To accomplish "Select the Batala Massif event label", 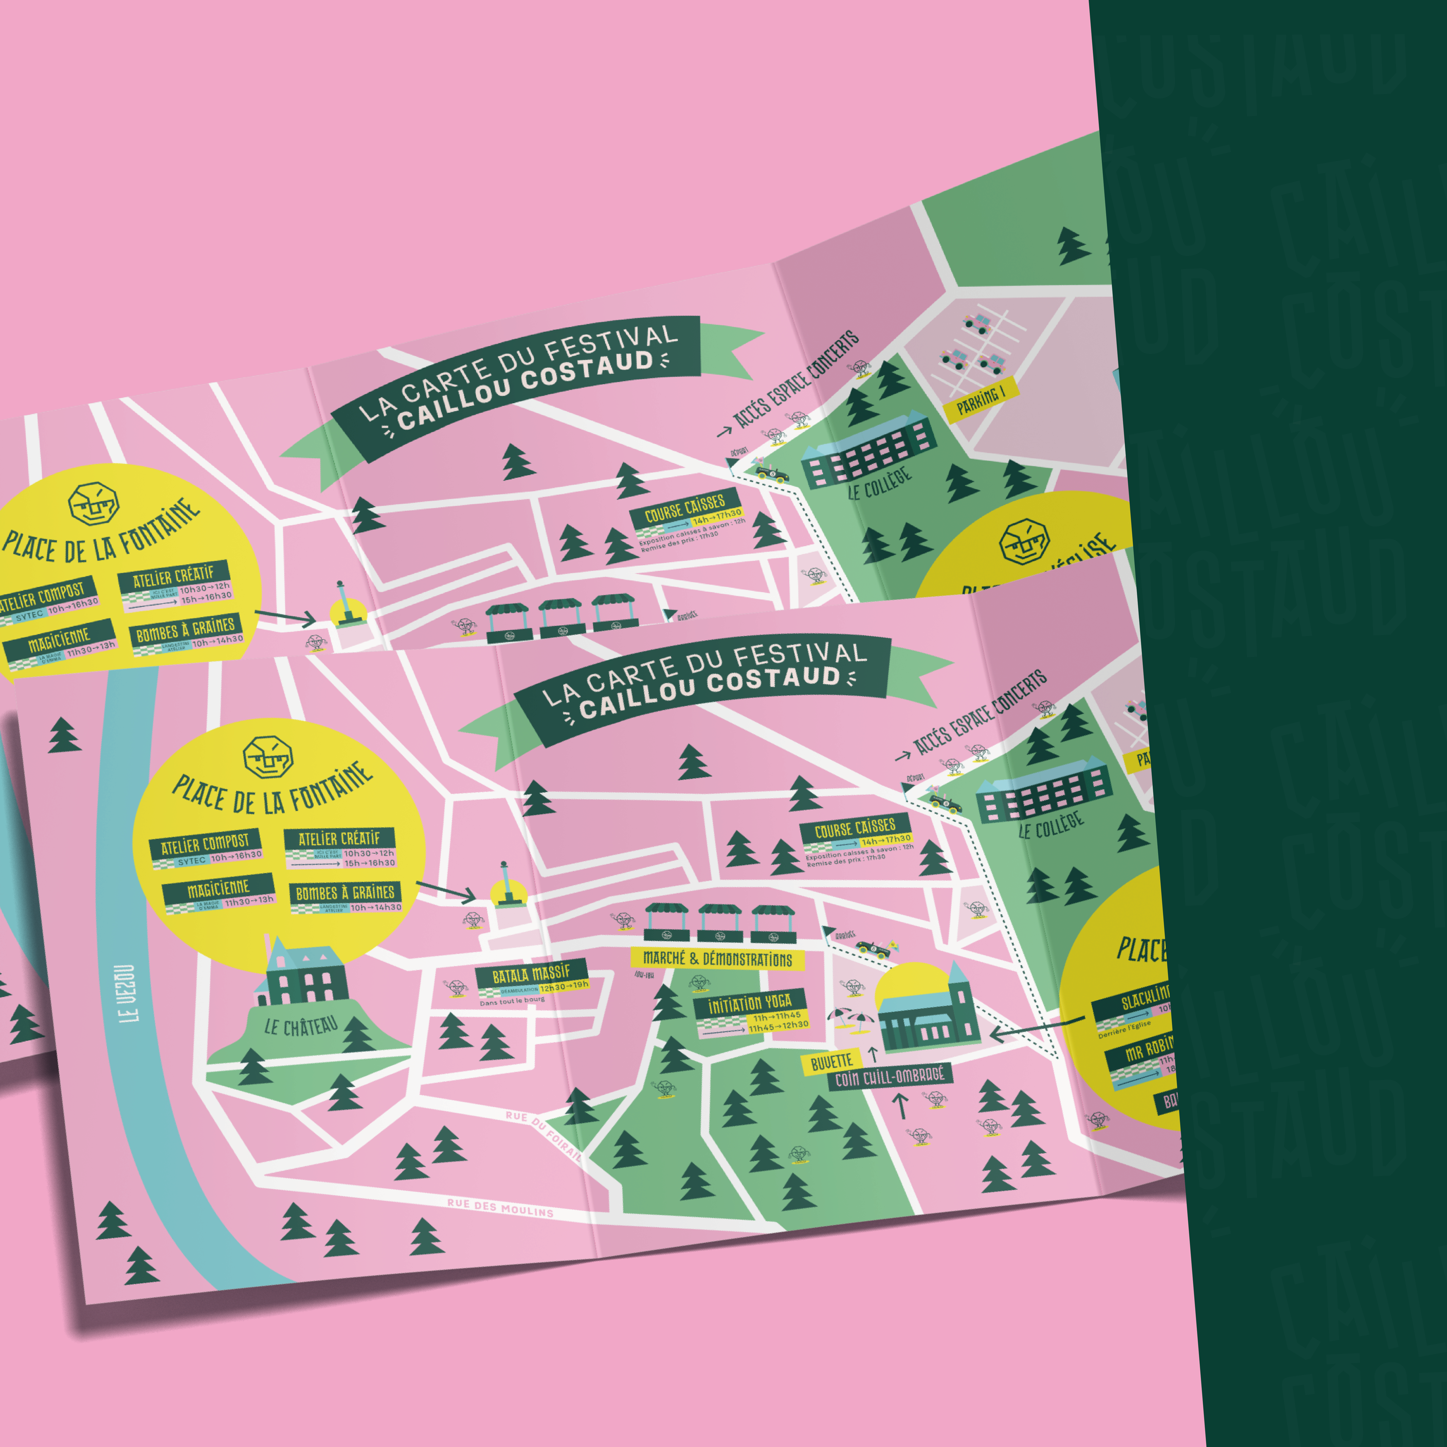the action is tap(531, 974).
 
